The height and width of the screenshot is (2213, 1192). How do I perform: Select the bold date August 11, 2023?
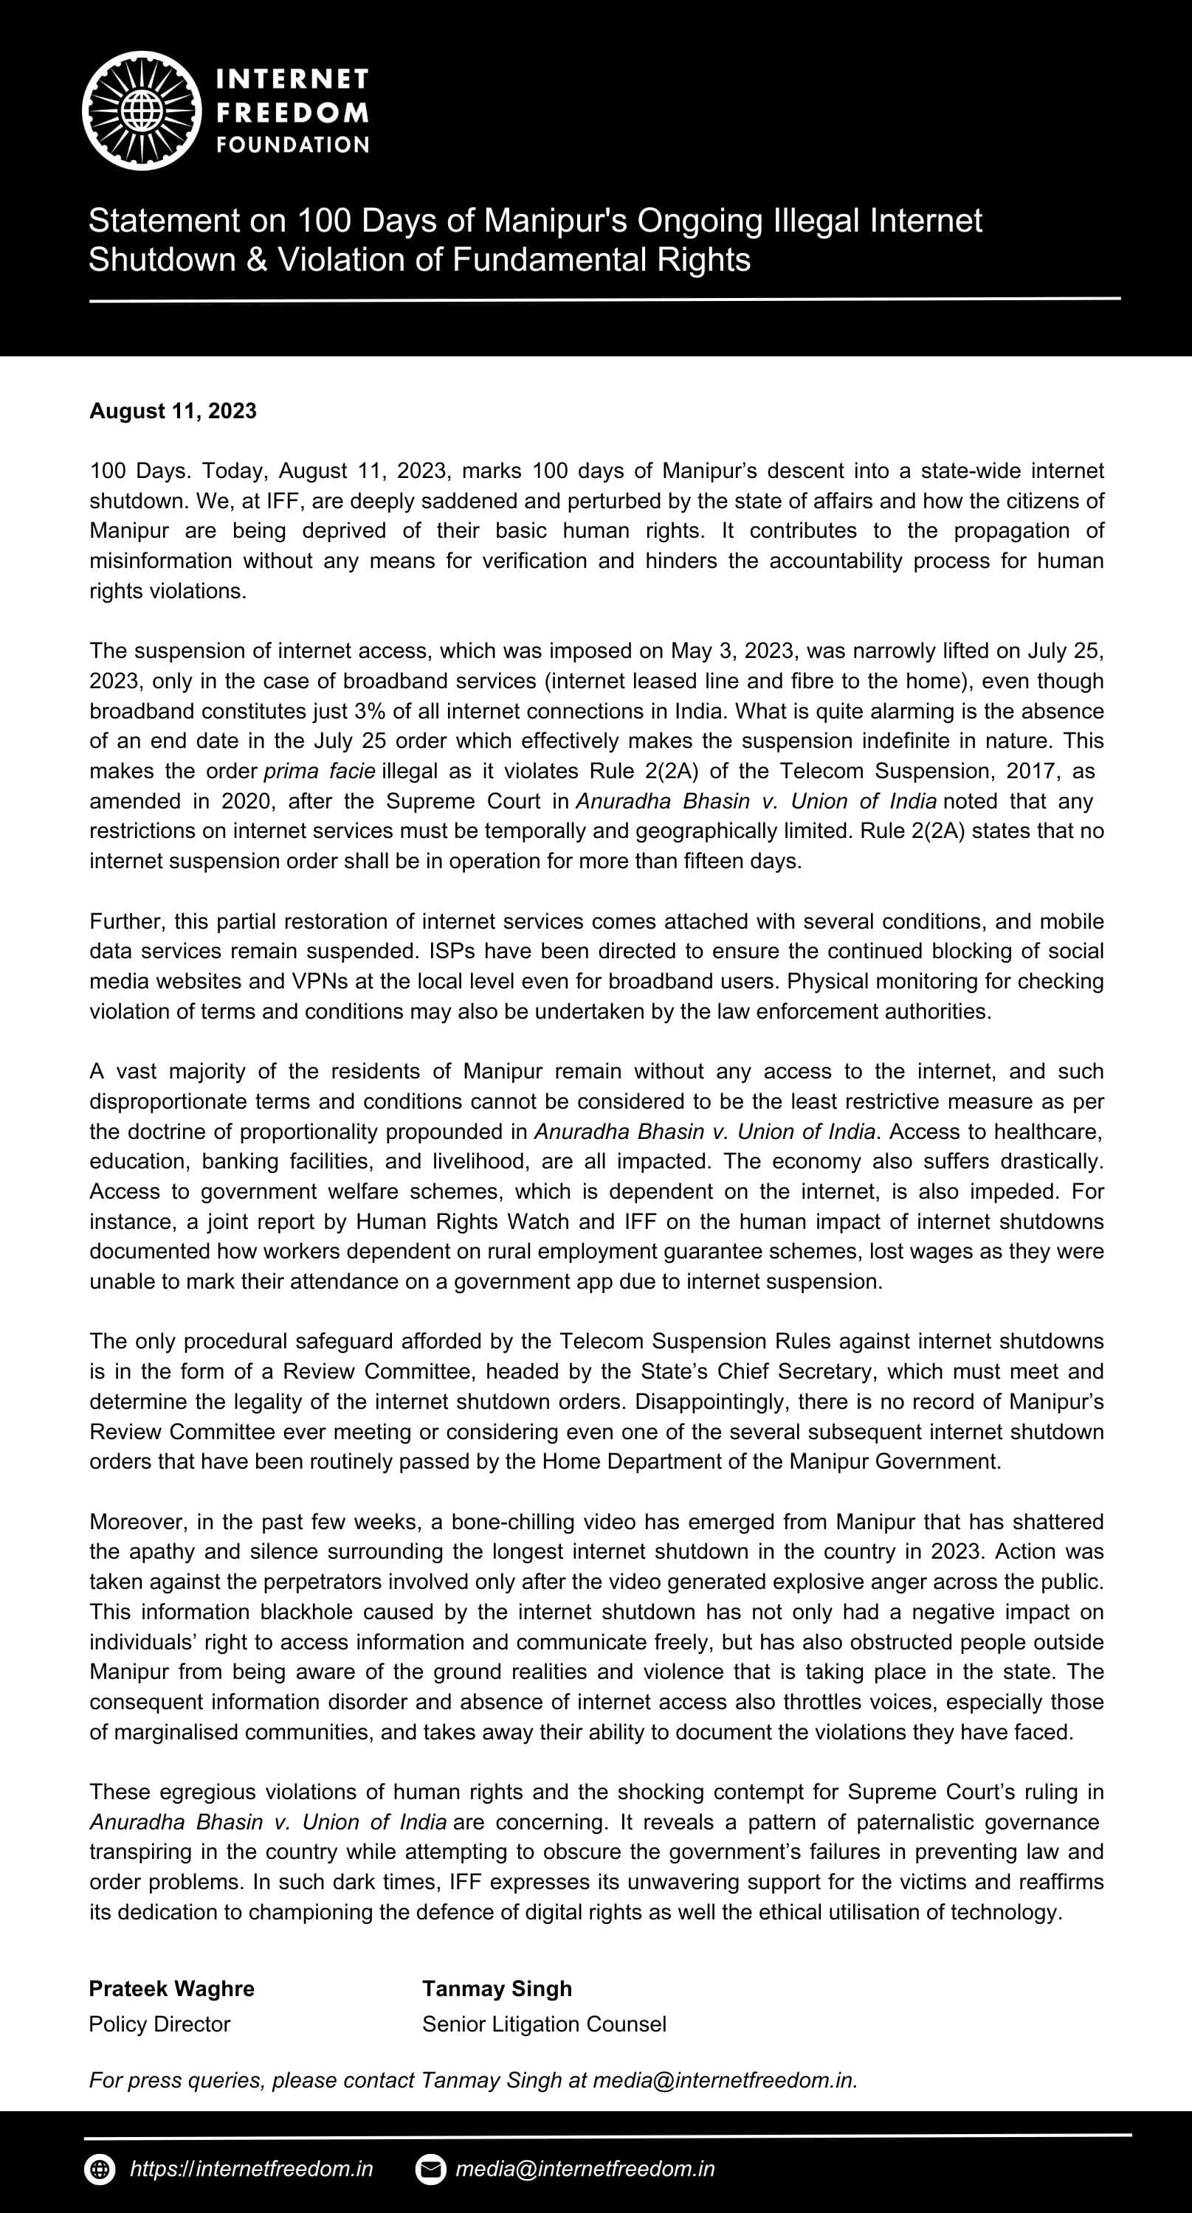pyautogui.click(x=173, y=411)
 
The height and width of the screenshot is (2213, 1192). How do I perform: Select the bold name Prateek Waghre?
pyautogui.click(x=172, y=1989)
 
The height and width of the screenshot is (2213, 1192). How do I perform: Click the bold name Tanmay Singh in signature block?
pyautogui.click(x=497, y=1989)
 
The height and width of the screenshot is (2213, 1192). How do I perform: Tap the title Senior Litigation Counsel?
pyautogui.click(x=544, y=2024)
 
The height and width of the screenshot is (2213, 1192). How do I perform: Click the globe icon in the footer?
pyautogui.click(x=100, y=2169)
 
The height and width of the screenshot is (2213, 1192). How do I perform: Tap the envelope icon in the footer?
pyautogui.click(x=430, y=2169)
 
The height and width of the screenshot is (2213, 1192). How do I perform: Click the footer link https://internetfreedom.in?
pyautogui.click(x=252, y=2169)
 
